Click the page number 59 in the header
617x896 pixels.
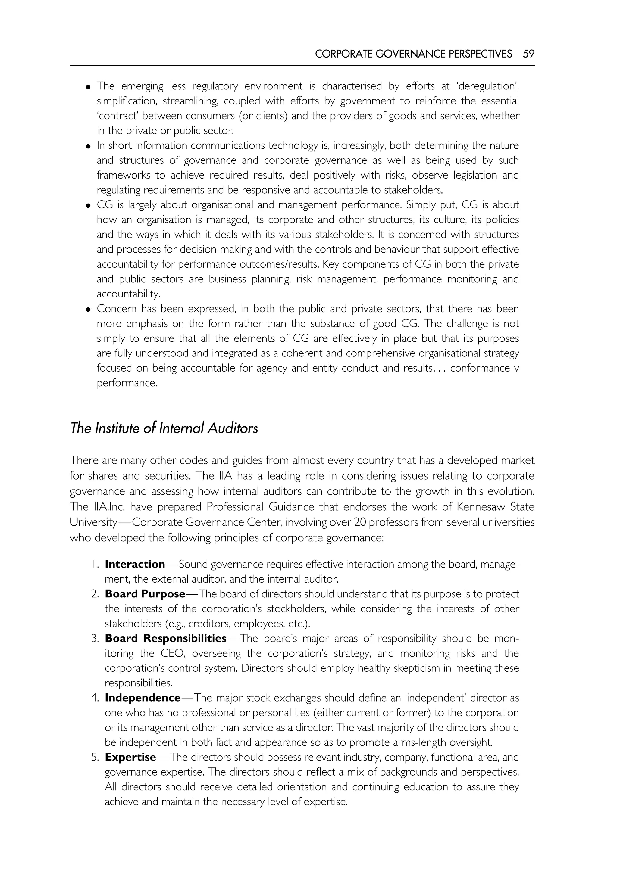[x=528, y=54]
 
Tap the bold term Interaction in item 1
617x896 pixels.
[x=135, y=564]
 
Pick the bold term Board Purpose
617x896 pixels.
[x=145, y=594]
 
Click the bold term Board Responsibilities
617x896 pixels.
[x=165, y=638]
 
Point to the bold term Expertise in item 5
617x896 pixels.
[x=130, y=757]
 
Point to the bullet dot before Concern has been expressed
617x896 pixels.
[x=88, y=310]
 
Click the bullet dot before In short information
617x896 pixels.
[x=88, y=146]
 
